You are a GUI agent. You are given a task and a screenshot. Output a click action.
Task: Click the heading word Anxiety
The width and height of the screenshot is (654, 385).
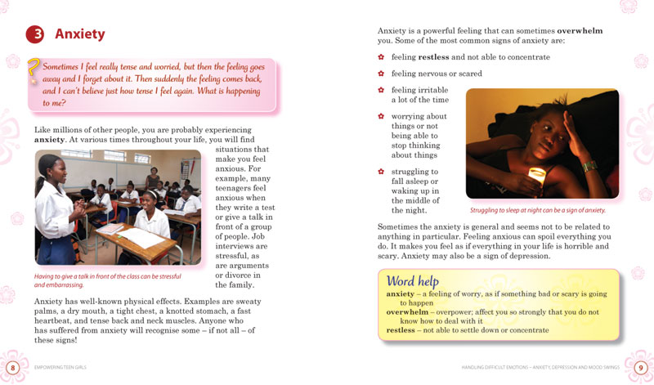pyautogui.click(x=79, y=34)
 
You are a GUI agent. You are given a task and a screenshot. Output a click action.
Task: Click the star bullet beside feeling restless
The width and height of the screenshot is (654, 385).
pyautogui.click(x=381, y=57)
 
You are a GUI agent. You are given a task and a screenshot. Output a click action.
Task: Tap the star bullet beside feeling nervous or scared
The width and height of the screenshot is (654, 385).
pyautogui.click(x=381, y=74)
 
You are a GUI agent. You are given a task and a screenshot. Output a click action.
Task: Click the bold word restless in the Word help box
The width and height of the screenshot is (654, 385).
pyautogui.click(x=401, y=330)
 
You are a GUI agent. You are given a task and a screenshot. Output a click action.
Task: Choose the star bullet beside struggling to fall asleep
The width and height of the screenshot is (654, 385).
pyautogui.click(x=381, y=172)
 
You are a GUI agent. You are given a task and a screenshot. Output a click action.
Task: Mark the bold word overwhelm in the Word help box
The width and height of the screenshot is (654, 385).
pyautogui.click(x=408, y=311)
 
